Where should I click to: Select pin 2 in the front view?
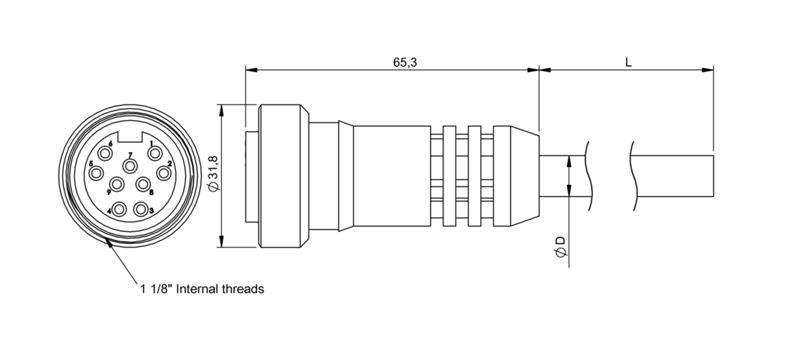tap(164, 172)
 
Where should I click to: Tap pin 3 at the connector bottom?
tap(141, 209)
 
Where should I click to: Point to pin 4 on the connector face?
tap(119, 209)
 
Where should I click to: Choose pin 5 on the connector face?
tap(96, 172)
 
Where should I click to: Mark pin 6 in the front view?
tap(105, 153)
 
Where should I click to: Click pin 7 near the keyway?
tap(131, 166)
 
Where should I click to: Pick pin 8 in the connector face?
tap(143, 184)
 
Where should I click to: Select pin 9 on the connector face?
tap(117, 184)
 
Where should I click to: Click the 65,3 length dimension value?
tap(405, 62)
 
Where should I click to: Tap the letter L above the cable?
tap(628, 62)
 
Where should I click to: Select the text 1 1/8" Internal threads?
tap(202, 289)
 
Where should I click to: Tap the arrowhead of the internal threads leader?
tap(107, 243)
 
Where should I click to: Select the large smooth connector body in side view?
tap(391, 176)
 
